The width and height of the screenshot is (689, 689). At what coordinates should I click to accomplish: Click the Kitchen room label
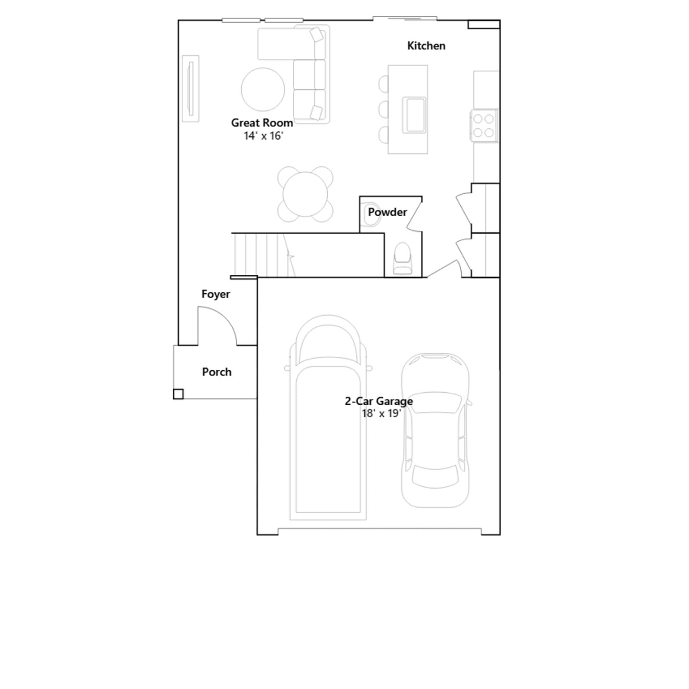(426, 46)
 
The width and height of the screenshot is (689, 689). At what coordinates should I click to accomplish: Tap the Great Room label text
(262, 123)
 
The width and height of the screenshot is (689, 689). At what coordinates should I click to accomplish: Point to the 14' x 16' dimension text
(264, 136)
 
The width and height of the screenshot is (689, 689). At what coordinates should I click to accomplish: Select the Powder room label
(387, 212)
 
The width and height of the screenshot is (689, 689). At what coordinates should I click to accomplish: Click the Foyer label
(216, 295)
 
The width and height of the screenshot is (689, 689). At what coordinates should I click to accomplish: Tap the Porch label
(217, 372)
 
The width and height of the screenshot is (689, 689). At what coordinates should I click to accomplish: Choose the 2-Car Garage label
(379, 401)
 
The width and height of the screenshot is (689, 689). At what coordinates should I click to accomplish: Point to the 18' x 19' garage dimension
(382, 413)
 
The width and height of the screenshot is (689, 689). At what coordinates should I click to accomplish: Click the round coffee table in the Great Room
(263, 90)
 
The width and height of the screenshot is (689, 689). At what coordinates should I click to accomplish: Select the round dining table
(305, 194)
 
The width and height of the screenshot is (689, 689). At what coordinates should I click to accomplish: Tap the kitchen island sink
(414, 115)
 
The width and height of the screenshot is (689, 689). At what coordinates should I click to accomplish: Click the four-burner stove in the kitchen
(484, 126)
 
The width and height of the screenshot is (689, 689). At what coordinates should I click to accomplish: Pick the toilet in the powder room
(402, 258)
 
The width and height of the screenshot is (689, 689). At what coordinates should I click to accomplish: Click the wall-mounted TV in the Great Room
(190, 89)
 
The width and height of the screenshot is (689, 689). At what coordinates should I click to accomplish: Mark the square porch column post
(178, 394)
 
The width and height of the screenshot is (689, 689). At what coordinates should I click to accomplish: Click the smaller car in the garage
(435, 430)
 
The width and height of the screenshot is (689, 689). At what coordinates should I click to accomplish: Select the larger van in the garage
(328, 418)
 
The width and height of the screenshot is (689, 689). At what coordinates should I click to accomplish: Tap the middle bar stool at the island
(383, 109)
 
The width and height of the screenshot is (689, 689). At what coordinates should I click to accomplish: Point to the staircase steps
(263, 255)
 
